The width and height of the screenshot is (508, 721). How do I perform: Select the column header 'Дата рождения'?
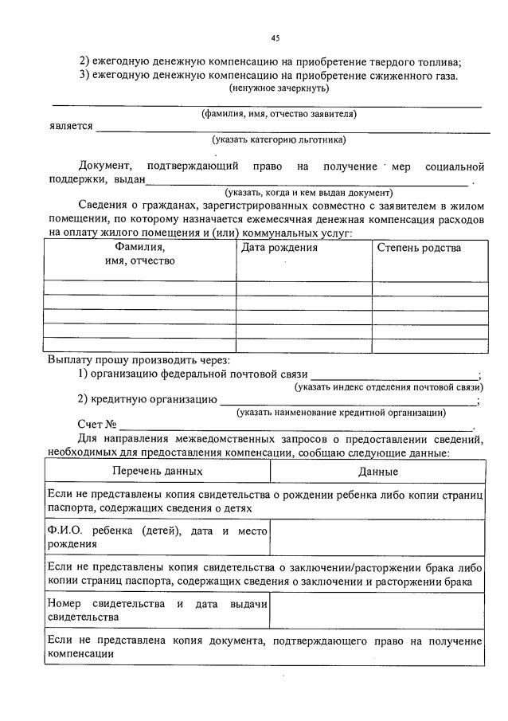(279, 248)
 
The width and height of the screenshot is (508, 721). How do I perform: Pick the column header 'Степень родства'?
(419, 248)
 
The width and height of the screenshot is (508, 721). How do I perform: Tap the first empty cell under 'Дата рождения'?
(304, 288)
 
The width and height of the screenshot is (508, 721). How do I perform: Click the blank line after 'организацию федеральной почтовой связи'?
(394, 374)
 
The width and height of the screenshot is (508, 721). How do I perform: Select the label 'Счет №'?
(98, 425)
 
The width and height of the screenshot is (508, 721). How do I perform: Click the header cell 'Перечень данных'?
(157, 472)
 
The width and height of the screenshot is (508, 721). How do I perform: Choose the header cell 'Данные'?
(377, 472)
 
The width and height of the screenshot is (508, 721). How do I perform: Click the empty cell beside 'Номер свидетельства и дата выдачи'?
(377, 610)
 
